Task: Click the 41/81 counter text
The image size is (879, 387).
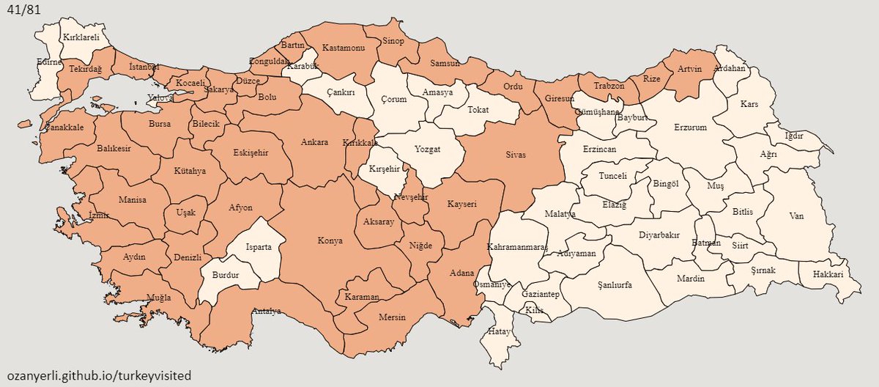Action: tap(23, 11)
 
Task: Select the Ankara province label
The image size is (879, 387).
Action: tap(314, 142)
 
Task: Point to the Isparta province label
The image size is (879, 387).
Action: tap(259, 247)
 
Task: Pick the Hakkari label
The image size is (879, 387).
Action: tap(827, 274)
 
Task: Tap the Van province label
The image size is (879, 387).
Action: tap(796, 215)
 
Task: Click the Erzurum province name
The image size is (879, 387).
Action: tap(691, 127)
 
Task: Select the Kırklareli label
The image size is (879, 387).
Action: tap(81, 36)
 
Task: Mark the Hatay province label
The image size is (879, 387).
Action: tap(499, 332)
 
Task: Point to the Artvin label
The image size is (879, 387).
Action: tap(689, 69)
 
